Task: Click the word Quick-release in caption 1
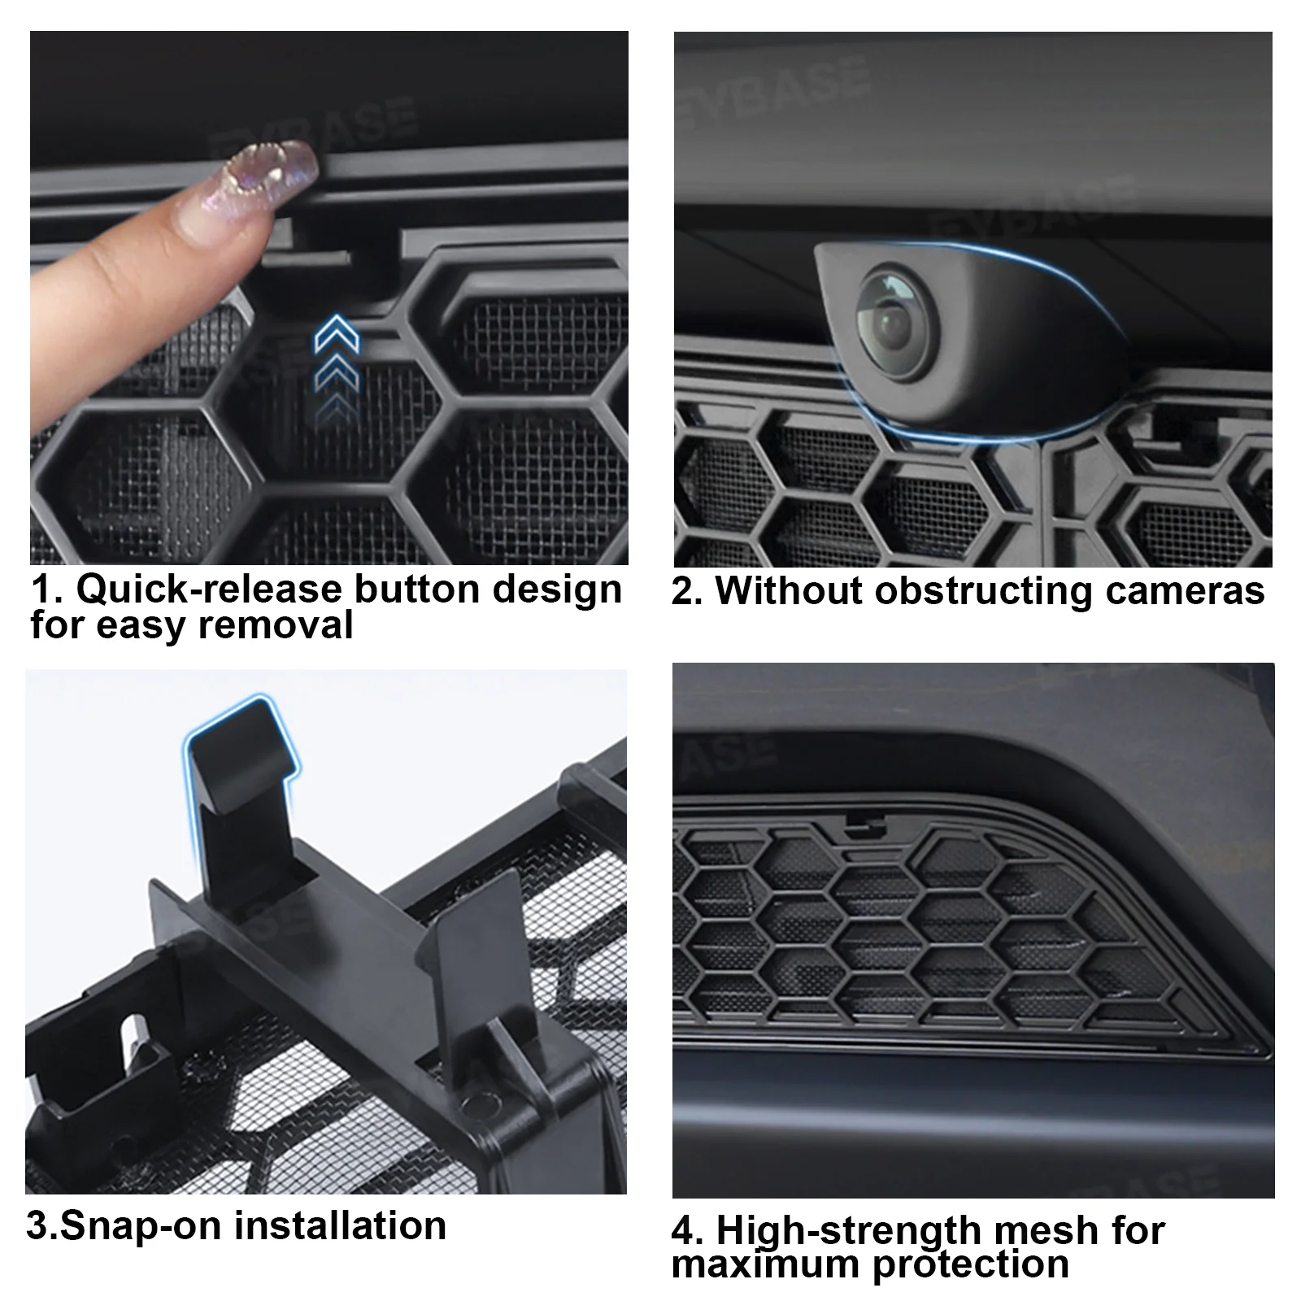[x=212, y=589]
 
